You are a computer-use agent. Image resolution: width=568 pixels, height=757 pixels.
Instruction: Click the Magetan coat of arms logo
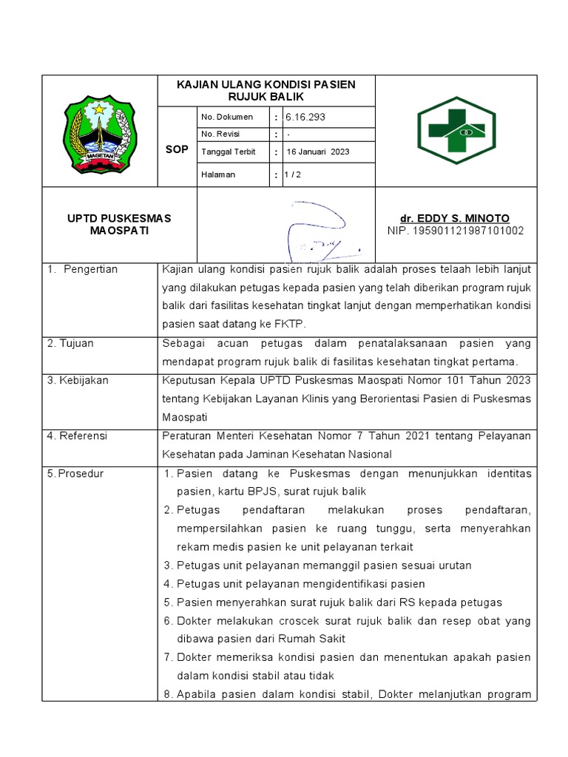(100, 131)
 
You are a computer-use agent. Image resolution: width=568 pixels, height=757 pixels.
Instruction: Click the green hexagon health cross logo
(456, 131)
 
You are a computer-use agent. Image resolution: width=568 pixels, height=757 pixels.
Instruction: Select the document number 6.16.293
(305, 117)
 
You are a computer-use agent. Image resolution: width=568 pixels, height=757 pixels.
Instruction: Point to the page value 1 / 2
(294, 174)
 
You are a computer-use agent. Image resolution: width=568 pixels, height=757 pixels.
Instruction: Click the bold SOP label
(177, 149)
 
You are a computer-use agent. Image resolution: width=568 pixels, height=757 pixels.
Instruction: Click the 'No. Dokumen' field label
(227, 117)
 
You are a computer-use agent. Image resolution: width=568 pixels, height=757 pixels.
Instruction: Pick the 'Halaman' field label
(218, 174)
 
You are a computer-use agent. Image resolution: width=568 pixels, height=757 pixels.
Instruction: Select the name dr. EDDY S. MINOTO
(455, 219)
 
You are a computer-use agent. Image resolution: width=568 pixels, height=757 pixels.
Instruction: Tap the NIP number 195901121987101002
(456, 231)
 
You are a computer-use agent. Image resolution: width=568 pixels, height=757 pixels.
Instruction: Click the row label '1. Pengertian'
(82, 269)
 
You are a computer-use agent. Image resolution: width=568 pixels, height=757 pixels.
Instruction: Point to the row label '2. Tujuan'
(70, 343)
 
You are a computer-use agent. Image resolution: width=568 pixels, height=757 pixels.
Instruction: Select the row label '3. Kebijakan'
(77, 380)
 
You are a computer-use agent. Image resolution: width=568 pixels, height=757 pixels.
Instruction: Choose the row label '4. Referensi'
(77, 436)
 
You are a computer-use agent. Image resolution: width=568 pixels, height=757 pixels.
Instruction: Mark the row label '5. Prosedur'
(76, 473)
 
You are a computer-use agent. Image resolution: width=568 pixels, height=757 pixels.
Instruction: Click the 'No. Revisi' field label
(220, 134)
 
